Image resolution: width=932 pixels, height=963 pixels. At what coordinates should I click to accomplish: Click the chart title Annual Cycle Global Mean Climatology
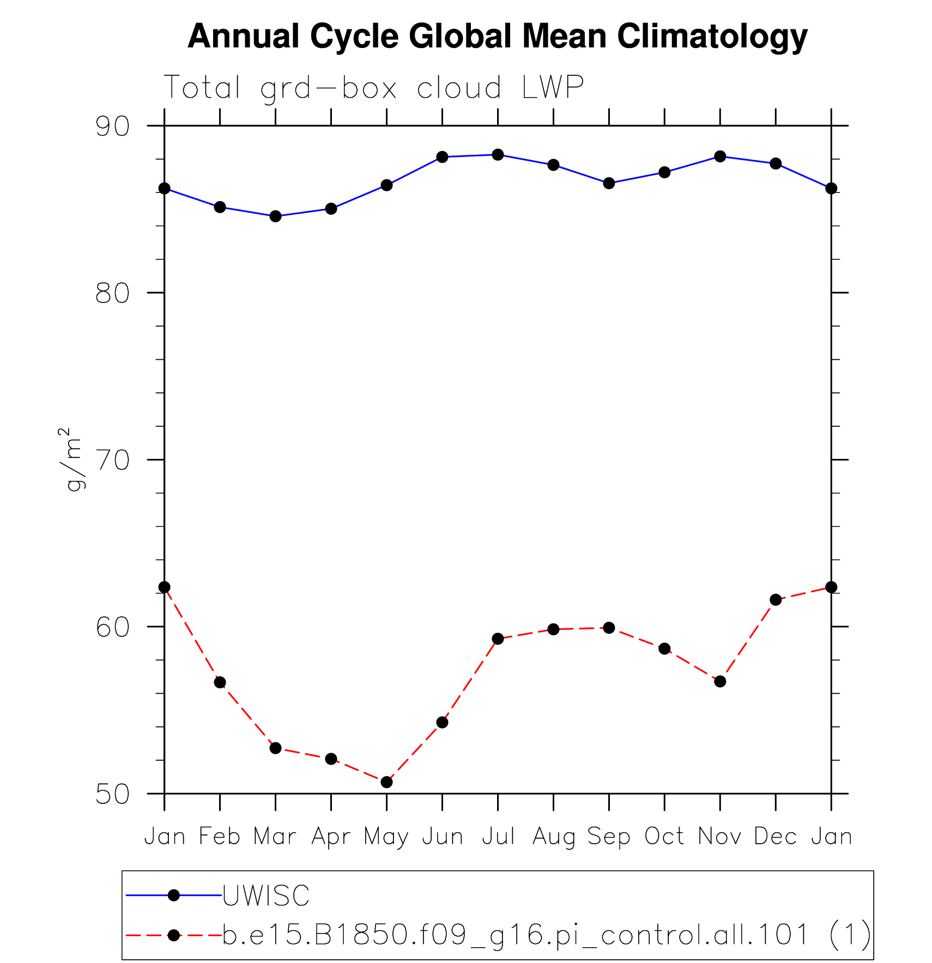click(x=497, y=37)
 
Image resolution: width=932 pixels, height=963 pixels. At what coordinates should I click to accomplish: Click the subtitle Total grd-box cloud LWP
click(x=373, y=87)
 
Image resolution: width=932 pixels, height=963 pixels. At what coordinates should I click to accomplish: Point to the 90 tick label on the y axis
click(x=113, y=126)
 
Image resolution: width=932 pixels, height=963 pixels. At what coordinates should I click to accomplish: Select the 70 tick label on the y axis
click(x=113, y=460)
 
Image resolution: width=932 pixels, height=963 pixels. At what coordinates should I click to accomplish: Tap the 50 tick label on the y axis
click(x=113, y=794)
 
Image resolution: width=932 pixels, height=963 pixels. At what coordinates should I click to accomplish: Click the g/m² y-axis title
click(x=71, y=459)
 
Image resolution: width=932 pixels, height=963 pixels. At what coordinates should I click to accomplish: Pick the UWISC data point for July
click(x=498, y=155)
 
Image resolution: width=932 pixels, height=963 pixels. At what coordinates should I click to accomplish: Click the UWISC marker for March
click(x=275, y=216)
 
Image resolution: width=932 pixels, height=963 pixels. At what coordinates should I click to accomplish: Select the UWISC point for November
click(x=720, y=156)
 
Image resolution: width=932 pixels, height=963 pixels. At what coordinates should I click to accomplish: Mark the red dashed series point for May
click(x=386, y=782)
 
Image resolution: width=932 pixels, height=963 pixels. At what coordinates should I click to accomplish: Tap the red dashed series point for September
click(x=609, y=628)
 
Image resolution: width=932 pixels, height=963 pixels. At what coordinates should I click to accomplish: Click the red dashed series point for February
click(x=220, y=682)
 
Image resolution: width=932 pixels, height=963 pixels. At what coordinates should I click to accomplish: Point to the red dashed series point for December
click(x=776, y=599)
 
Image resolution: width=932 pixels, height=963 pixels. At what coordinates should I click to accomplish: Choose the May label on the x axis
click(x=386, y=837)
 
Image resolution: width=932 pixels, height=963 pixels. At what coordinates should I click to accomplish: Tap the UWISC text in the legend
click(x=266, y=895)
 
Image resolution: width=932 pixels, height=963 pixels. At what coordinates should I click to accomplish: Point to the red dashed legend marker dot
click(x=174, y=935)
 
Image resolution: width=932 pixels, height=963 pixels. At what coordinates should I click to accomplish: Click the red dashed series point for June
click(x=442, y=723)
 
